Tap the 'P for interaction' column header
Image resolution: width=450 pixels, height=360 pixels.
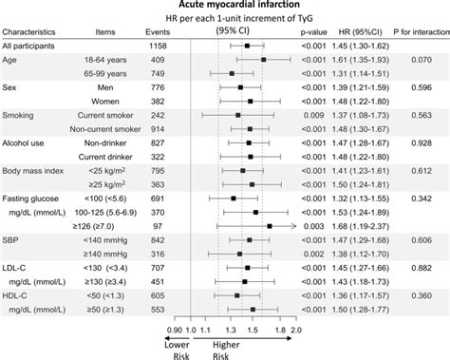click(414, 30)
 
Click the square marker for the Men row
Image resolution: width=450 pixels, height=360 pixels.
click(240, 86)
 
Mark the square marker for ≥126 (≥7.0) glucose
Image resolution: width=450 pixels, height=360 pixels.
click(269, 226)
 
